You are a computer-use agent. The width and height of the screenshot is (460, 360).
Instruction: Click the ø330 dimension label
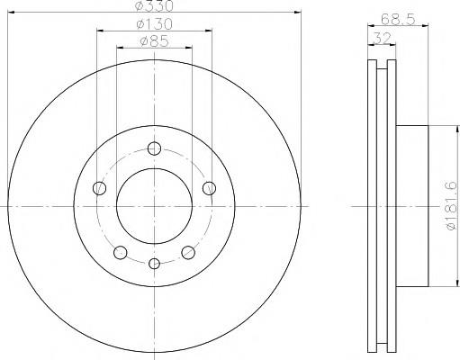(154, 5)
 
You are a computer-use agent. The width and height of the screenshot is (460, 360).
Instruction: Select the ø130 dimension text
(154, 24)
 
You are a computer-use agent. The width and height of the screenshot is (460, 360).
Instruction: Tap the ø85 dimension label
(155, 41)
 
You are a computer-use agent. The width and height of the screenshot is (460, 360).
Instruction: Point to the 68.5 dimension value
(398, 20)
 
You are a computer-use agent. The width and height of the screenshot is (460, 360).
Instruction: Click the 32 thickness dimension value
(382, 39)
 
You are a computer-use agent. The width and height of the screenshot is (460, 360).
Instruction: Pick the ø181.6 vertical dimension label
(452, 206)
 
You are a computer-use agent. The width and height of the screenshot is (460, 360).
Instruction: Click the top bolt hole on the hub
(154, 148)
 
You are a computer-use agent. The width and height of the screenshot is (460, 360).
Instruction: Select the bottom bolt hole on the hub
(154, 264)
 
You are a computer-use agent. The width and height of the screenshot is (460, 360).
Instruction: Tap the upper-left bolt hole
(99, 188)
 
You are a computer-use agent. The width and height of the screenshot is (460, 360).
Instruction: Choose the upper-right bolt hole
(209, 188)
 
